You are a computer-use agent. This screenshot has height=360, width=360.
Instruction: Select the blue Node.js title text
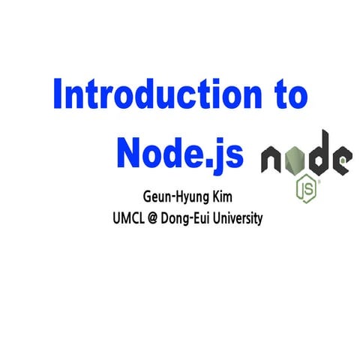pos(180,154)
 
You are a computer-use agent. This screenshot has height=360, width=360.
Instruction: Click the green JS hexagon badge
pos(306,188)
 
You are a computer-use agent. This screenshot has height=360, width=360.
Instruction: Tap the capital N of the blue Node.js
pos(129,154)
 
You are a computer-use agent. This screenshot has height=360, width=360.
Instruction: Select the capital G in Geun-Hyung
pos(148,200)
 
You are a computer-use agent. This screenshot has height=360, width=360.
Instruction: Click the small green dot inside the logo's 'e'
pos(344,159)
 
